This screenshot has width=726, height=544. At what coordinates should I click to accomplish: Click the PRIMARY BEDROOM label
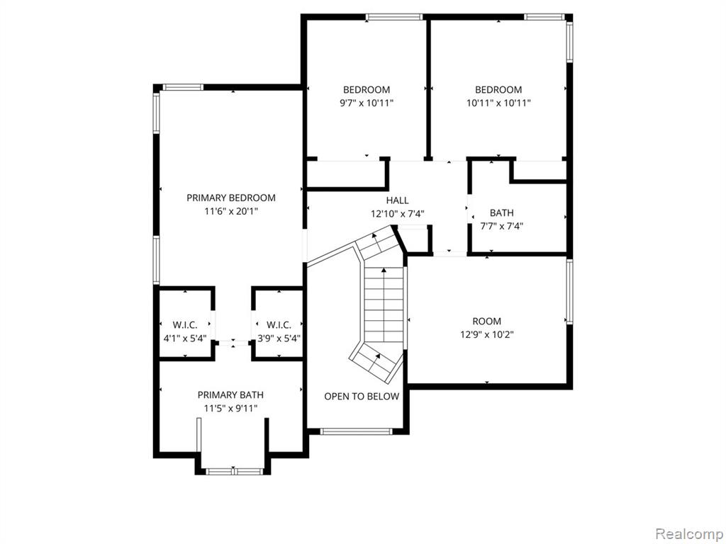231,198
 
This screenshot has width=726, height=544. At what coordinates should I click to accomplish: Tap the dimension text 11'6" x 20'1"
231,211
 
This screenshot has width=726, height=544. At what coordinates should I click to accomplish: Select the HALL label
397,200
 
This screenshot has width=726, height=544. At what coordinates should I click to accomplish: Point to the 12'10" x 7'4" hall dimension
397,214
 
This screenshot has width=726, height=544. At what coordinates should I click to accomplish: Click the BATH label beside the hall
501,212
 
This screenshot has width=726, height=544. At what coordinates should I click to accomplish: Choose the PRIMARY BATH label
230,395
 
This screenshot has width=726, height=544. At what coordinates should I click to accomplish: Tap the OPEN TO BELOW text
361,397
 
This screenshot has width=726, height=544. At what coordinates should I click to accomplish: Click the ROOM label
486,321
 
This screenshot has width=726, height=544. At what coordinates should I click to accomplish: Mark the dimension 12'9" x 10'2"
486,334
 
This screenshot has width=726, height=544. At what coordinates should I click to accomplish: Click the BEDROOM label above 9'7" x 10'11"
367,90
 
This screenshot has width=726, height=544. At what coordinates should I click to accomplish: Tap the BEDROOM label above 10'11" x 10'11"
498,90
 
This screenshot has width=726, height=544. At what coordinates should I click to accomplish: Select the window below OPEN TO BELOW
357,431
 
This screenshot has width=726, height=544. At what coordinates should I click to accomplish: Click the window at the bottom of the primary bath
234,471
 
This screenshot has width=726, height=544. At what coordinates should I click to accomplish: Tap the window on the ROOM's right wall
569,291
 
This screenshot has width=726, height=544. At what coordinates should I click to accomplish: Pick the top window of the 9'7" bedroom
394,17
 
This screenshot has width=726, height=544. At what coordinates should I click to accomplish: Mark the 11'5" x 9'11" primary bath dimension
230,409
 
